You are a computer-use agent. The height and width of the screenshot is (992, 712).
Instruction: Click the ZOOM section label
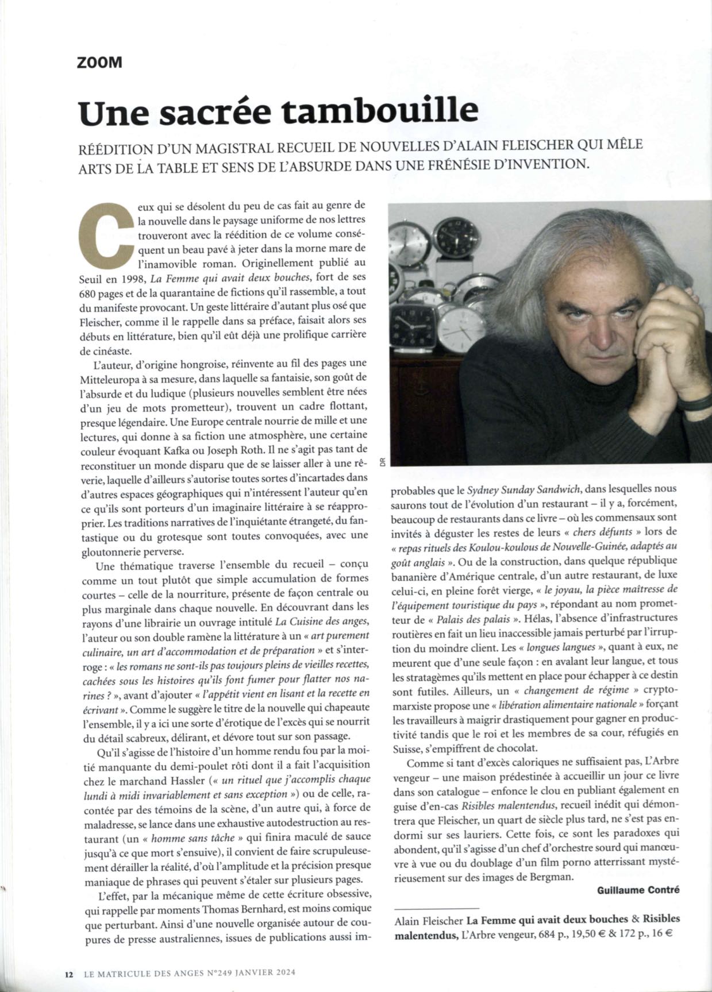99,63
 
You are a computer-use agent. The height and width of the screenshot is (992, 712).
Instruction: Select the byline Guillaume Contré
638,890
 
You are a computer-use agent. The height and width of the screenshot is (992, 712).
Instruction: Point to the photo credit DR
383,462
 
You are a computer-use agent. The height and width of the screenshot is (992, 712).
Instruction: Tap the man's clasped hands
661,322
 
